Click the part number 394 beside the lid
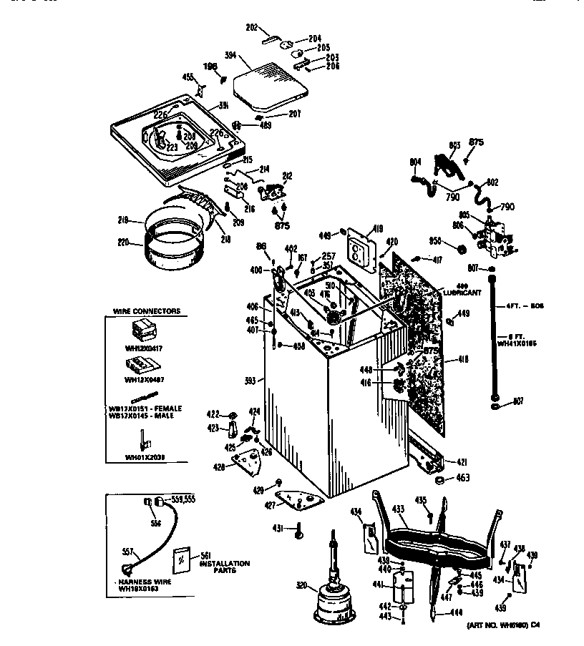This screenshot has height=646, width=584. point(230,54)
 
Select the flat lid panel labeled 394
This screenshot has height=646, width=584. point(271,84)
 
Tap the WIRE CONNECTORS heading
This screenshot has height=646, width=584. point(147,311)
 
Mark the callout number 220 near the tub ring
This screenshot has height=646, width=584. point(122,243)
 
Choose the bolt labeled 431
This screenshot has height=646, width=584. point(299,530)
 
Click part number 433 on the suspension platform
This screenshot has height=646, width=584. point(399,509)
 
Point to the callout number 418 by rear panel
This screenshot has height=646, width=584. point(463,360)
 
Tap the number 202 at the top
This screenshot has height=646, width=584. point(251,28)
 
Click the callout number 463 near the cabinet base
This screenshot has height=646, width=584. point(463,477)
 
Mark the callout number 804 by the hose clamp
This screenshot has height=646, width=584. point(416,162)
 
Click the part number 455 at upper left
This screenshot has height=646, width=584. point(188,77)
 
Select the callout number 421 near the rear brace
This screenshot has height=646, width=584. point(462,462)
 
